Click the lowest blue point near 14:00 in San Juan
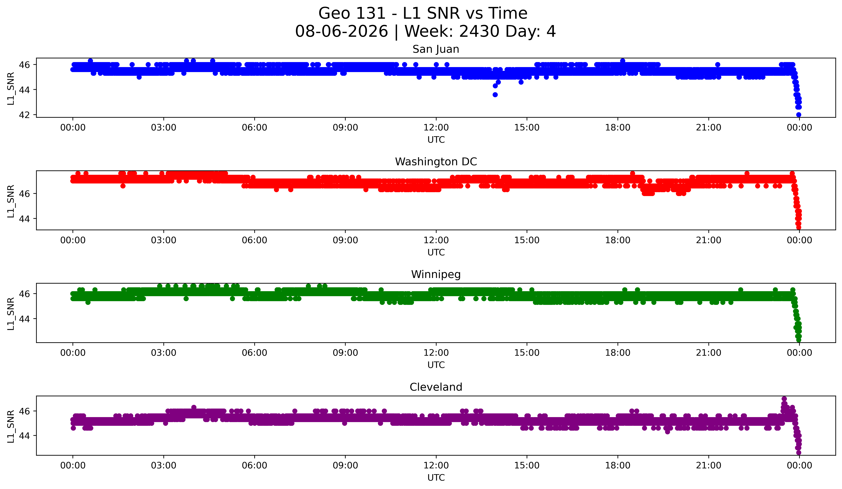pos(495,95)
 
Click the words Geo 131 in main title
pos(352,14)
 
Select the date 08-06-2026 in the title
pos(341,31)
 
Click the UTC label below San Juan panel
pos(436,140)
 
